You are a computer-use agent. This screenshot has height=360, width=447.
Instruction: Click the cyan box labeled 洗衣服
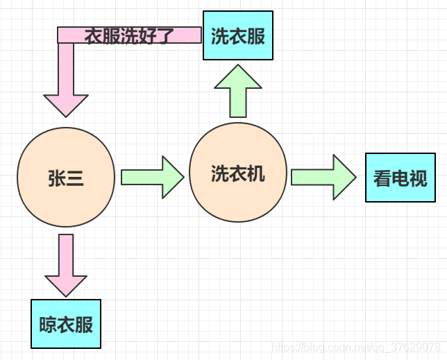(x=238, y=35)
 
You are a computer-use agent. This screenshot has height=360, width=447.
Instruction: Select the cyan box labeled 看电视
(x=400, y=178)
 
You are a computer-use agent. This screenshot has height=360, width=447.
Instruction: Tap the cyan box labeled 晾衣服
(x=66, y=324)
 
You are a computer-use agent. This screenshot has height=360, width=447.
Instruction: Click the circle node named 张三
(x=66, y=178)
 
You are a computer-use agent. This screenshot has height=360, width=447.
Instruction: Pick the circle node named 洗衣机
(x=238, y=173)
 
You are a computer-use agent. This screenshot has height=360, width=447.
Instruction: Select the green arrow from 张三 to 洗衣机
(x=152, y=177)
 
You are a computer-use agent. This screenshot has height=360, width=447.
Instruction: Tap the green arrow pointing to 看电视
(x=323, y=177)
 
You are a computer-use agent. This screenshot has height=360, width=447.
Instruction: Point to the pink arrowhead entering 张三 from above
(x=66, y=104)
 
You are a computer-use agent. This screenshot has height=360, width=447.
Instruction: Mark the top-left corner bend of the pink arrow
(x=66, y=35)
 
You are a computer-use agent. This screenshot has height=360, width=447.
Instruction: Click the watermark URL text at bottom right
(x=355, y=346)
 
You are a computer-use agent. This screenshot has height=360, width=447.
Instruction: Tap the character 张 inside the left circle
(x=57, y=178)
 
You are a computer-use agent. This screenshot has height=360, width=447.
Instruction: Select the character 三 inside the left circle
(x=75, y=178)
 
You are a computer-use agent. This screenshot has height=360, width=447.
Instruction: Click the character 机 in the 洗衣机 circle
(x=256, y=173)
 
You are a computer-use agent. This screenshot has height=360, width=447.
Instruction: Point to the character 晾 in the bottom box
(x=48, y=325)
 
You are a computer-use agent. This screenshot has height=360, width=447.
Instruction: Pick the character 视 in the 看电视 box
(x=419, y=178)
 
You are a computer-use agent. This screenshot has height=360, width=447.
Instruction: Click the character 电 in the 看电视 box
(x=400, y=178)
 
